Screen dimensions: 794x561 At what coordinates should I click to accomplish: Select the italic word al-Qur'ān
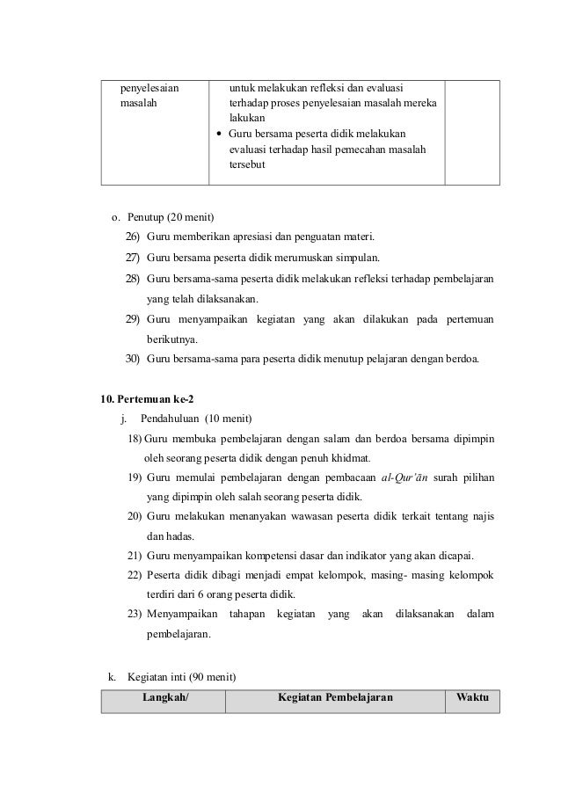[x=412, y=477]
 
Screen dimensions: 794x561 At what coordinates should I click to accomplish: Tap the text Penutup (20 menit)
[x=164, y=217]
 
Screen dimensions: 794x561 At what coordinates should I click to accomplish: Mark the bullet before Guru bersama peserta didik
[x=219, y=135]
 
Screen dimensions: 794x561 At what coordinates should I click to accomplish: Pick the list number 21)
[x=135, y=555]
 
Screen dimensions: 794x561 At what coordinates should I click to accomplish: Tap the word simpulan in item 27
[x=357, y=258]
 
